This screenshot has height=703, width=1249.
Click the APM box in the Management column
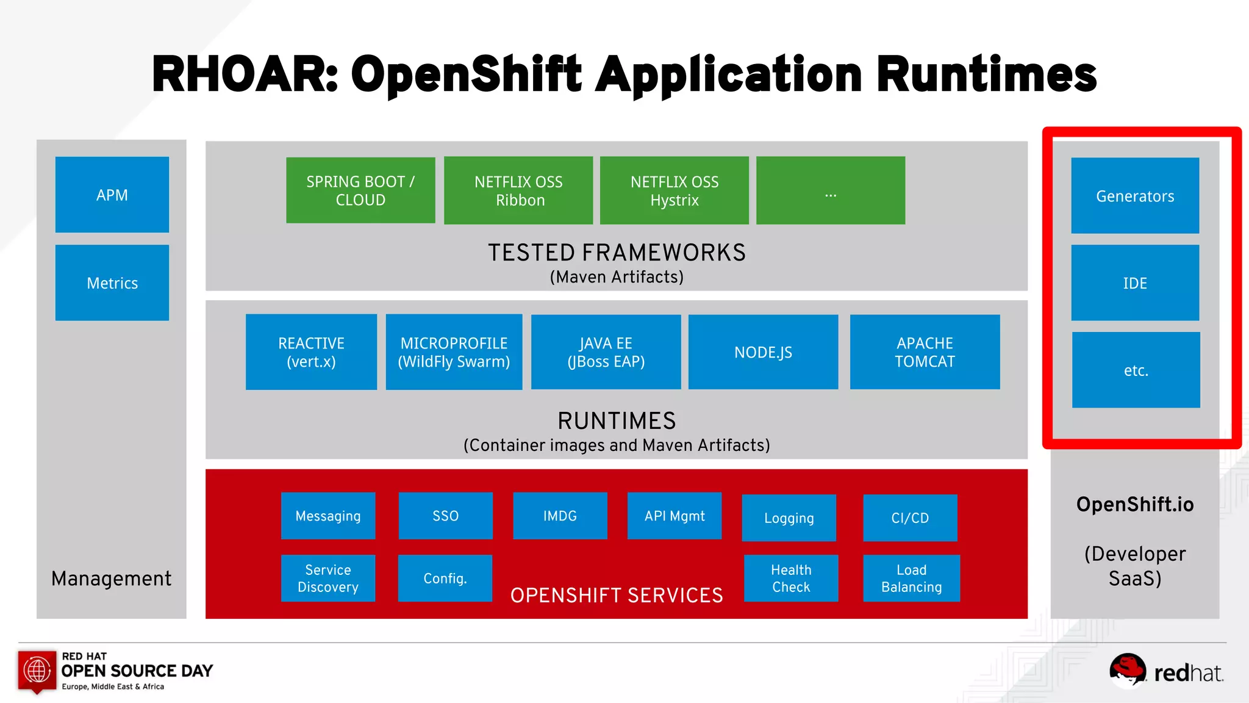(112, 195)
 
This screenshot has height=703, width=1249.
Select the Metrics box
(112, 283)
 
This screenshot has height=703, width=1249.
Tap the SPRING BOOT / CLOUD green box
(360, 190)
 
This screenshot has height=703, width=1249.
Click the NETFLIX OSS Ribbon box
(518, 190)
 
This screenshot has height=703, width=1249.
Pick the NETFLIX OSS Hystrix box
(675, 190)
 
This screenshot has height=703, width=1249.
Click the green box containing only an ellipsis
(831, 190)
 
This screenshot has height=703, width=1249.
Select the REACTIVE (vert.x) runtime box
(311, 352)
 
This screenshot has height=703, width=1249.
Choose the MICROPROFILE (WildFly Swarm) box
(454, 352)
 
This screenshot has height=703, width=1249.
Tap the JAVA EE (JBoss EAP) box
(606, 352)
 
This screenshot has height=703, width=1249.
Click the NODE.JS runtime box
(763, 352)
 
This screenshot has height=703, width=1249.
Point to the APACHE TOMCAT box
(925, 352)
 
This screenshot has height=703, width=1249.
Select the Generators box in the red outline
(1135, 196)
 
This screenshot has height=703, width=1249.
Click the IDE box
(1135, 283)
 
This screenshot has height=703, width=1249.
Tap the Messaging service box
(328, 516)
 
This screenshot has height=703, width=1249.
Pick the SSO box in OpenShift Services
(445, 516)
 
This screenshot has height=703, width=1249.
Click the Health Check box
(791, 578)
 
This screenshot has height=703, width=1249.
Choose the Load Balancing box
(911, 578)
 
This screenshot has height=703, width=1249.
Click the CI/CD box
(910, 517)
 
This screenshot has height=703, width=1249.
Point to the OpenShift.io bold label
(1135, 504)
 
